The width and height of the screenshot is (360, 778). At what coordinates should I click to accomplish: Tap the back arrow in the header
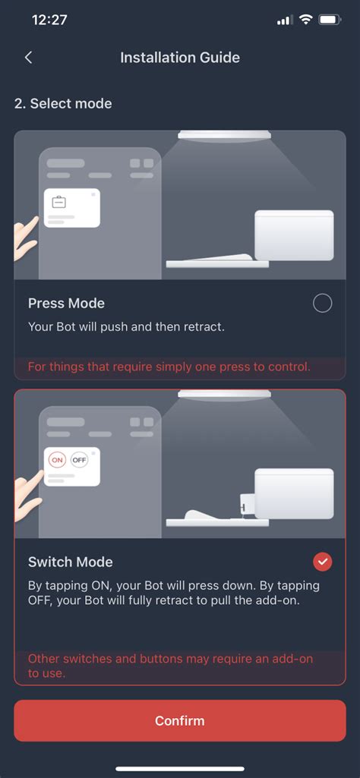click(28, 58)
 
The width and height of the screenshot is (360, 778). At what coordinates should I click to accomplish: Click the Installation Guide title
click(180, 58)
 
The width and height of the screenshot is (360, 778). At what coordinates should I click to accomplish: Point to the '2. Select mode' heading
click(63, 104)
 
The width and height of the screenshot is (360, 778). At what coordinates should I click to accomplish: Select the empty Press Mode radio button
click(322, 304)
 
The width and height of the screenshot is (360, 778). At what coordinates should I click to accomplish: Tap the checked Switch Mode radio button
click(322, 562)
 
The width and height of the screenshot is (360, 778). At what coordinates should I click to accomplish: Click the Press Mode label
click(66, 304)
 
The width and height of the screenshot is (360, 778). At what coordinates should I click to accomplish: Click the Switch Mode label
click(70, 562)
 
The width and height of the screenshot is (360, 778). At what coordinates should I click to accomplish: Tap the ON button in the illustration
click(58, 460)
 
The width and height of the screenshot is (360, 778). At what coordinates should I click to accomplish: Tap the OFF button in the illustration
click(79, 460)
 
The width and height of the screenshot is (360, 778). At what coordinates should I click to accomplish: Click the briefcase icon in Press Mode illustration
click(58, 202)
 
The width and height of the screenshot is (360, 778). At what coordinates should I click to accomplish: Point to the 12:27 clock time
click(50, 20)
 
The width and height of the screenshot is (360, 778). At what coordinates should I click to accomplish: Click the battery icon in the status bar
click(330, 20)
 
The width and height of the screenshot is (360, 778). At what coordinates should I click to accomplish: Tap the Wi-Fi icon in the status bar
click(305, 20)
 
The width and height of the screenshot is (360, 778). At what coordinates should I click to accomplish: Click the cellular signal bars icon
click(284, 20)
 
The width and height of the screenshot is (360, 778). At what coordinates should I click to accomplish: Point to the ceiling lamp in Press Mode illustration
click(224, 136)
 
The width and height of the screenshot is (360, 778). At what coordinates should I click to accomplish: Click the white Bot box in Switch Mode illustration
click(294, 494)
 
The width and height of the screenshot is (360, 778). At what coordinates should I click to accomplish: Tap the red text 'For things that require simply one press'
click(169, 367)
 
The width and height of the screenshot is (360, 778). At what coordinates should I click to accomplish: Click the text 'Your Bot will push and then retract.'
click(126, 327)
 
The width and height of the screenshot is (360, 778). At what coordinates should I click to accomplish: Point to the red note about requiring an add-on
click(170, 666)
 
